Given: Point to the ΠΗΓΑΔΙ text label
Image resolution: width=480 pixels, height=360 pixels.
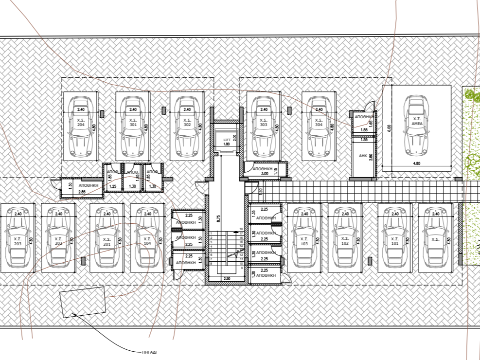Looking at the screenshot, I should pos(149,351).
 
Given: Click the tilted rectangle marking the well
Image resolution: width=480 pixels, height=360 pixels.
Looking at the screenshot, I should pos(83,302).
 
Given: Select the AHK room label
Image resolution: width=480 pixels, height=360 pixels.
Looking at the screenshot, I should pos(362,156).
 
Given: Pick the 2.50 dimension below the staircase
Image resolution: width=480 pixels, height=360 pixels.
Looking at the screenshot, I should pos(226,278).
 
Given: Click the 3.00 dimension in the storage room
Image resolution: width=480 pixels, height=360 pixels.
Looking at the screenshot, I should pos(265,173).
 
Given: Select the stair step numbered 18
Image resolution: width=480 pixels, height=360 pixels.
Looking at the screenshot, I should pos(241,229).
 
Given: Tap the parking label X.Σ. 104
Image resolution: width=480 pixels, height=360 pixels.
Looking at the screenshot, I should pos(147,241).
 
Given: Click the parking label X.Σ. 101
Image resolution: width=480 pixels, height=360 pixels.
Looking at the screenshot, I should pos(395,241).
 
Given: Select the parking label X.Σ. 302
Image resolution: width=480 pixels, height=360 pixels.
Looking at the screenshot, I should pos(187,122).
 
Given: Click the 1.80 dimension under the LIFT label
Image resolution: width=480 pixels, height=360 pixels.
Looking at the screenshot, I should pos(226,144).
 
